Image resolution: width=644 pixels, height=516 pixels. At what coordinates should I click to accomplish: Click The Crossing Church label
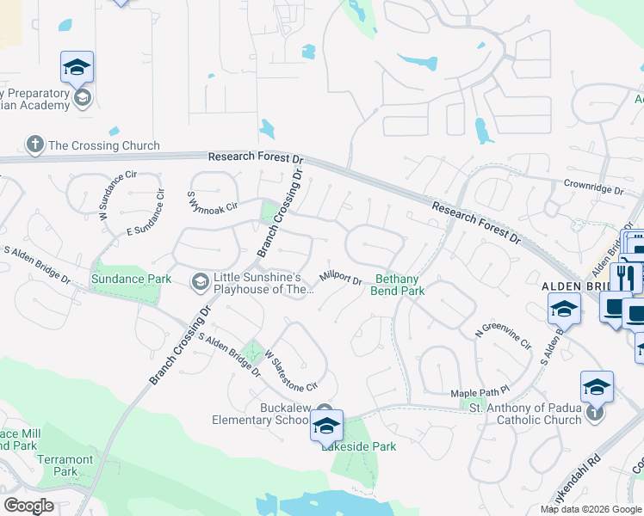pos(104,145)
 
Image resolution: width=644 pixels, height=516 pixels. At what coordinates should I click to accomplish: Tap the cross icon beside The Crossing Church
pos(34,144)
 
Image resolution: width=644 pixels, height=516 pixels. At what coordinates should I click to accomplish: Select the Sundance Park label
pos(126,279)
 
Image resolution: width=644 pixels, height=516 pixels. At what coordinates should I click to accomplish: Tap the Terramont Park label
pos(65,465)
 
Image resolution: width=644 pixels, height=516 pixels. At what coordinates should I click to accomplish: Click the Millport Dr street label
pos(340,278)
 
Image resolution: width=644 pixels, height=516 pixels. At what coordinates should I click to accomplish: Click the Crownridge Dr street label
pos(592,185)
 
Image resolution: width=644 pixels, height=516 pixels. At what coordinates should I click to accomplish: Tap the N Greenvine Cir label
pos(504,343)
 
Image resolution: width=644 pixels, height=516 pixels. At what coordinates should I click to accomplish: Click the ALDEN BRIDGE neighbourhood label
pos(575,286)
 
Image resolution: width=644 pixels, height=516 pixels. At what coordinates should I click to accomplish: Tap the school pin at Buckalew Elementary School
pos(326,426)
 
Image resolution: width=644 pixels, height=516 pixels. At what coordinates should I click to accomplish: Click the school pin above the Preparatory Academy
pos(77,67)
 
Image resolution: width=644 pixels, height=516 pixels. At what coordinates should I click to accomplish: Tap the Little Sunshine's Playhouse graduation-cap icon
pos(200,281)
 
